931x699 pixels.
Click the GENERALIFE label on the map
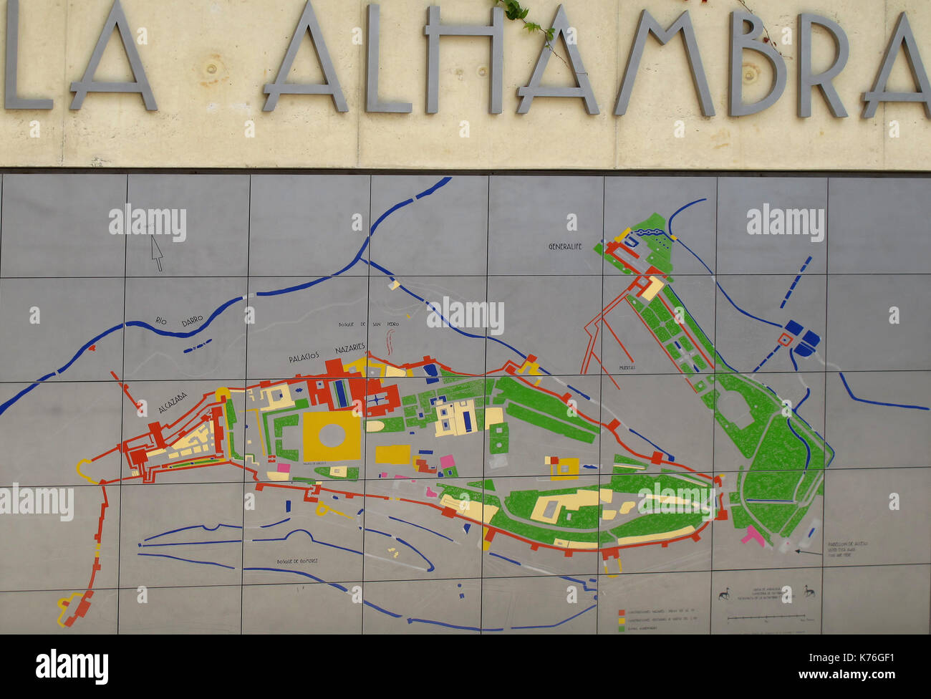tap(565, 246)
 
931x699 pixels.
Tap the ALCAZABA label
tap(173, 402)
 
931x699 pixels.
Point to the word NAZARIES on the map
tap(350, 349)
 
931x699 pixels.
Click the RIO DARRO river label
tap(179, 322)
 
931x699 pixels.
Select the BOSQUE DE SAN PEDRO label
tap(369, 324)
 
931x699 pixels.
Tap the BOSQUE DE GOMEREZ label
tap(298, 561)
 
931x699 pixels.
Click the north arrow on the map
tap(157, 252)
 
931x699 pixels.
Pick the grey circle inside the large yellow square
tap(332, 435)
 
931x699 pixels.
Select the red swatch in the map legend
tap(622, 613)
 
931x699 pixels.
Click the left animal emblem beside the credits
tap(724, 594)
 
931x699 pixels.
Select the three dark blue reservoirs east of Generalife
tap(802, 337)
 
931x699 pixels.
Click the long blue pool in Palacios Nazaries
tap(341, 393)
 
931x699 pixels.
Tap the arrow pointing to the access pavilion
tap(808, 551)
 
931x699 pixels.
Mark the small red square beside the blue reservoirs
tap(784, 339)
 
